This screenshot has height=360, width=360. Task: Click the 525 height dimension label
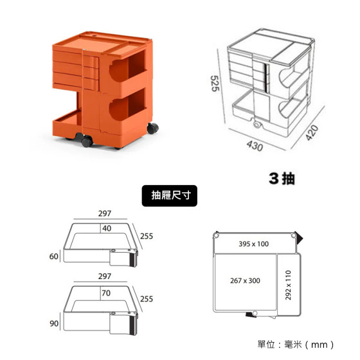tap(215, 84)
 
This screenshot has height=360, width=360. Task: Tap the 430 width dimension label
tap(255, 146)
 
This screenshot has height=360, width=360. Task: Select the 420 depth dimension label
tap(312, 132)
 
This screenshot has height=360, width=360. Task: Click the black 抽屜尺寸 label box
tap(170, 195)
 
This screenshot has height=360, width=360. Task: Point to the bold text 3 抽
tap(282, 179)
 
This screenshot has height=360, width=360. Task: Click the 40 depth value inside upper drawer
tap(107, 228)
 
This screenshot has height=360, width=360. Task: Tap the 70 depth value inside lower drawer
tap(106, 293)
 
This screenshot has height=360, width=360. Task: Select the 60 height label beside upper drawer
tap(54, 256)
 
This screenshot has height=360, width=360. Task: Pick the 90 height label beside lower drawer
tap(54, 323)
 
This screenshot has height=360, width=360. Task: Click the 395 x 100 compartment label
tap(254, 244)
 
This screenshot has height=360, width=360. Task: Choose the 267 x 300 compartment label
tap(245, 280)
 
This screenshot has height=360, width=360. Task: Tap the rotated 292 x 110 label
tap(288, 285)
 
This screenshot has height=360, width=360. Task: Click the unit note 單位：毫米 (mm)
tap(296, 345)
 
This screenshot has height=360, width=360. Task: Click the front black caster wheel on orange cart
tap(87, 141)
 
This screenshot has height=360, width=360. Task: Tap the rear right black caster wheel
tap(153, 128)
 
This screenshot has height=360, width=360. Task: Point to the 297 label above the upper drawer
tap(105, 213)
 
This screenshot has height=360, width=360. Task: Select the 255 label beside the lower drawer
tap(147, 299)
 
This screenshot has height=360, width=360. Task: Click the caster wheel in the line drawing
tap(257, 125)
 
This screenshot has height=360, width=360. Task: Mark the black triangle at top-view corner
tap(299, 237)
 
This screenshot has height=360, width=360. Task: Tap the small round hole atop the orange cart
tap(94, 36)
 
